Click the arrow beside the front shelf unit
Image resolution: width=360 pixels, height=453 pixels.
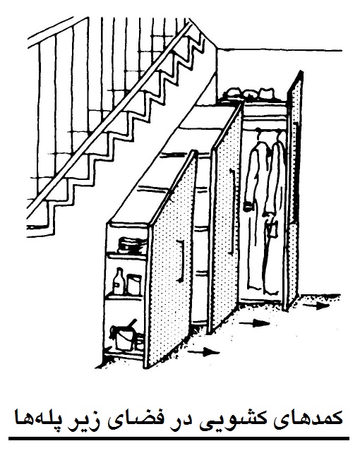[x=203, y=352]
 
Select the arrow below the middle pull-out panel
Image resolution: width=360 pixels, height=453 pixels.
[x=254, y=323]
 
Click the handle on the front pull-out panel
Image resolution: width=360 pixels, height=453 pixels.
[x=181, y=260]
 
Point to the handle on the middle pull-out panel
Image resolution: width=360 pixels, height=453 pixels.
[x=232, y=212]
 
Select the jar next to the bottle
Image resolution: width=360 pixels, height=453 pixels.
[x=134, y=284]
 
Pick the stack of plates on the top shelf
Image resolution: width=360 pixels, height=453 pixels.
[x=131, y=246]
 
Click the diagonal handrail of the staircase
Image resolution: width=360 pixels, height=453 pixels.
[x=109, y=116]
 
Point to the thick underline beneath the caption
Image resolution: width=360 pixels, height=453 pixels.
[x=179, y=439]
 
